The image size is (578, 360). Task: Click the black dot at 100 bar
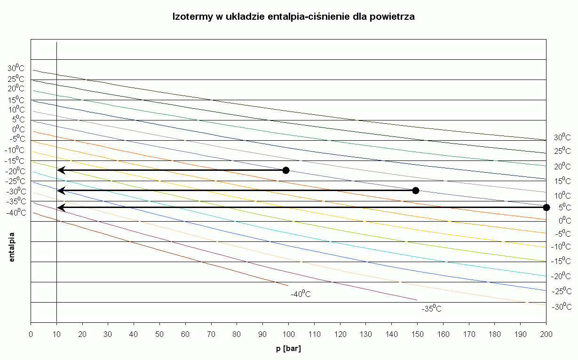point(285,170)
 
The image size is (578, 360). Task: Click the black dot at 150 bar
point(415,191)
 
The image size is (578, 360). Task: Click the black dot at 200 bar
point(546,207)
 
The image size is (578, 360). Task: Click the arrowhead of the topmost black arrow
point(60,170)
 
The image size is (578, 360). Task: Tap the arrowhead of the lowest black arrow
point(60,207)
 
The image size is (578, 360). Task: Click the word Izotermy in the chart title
point(190,17)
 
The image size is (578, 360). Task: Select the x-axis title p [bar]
point(288,349)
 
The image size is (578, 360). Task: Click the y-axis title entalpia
point(12,246)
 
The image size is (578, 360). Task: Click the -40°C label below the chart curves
point(301,295)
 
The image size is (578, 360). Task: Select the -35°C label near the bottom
point(431,309)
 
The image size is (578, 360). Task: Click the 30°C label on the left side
point(16,68)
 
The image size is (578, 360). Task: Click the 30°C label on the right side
point(562,137)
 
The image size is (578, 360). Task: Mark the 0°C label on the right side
point(564,221)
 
